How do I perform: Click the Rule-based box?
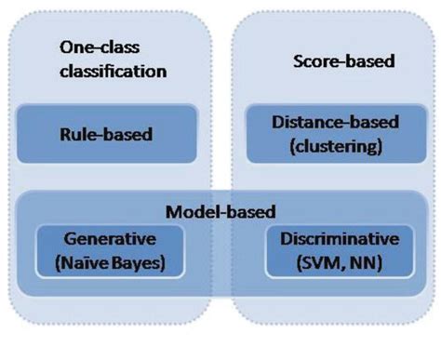113,134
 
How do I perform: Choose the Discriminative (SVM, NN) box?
327,251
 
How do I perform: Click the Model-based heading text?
220,212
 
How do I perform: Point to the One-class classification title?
113,58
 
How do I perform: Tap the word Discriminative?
327,240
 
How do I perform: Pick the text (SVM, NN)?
327,262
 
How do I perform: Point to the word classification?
113,70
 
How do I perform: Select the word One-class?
94,46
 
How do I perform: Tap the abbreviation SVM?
312,262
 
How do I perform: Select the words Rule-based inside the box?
113,134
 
